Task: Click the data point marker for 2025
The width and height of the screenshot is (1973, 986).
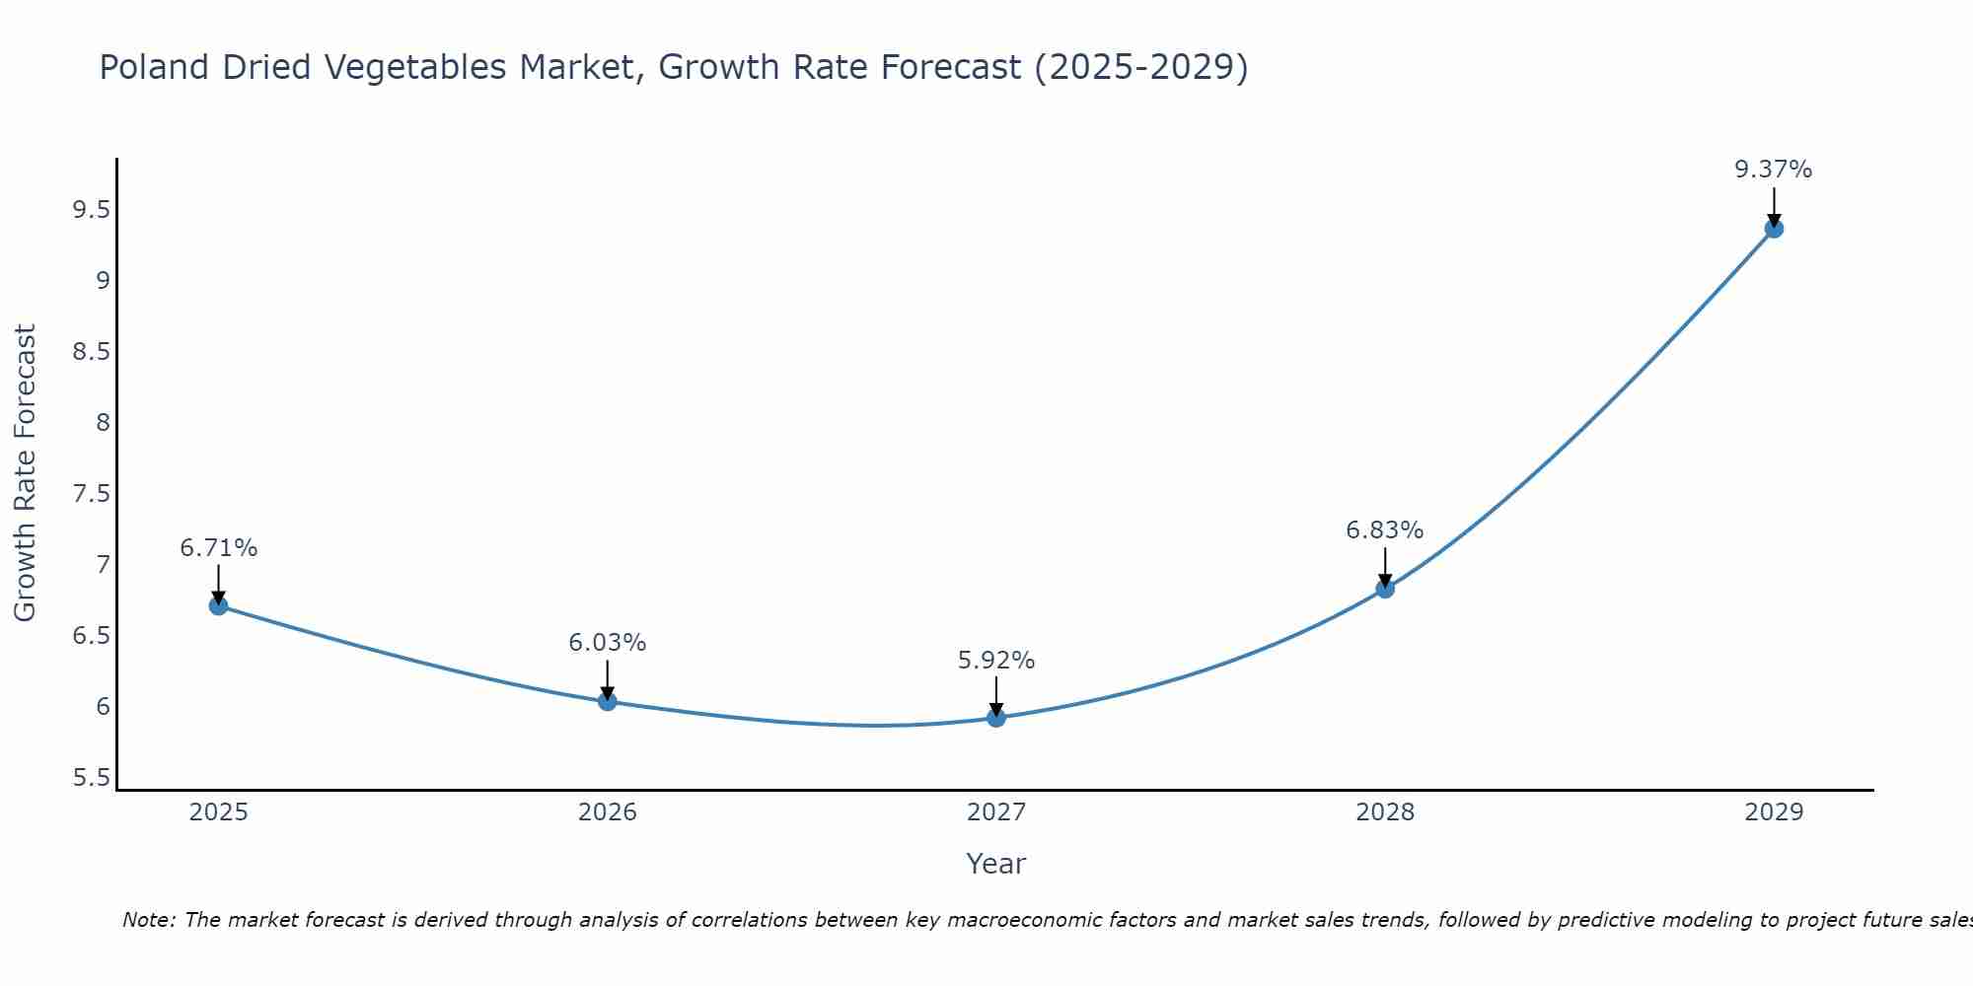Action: [219, 605]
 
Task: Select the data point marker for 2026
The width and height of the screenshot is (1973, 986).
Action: [608, 701]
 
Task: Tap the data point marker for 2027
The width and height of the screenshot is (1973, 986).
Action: [996, 718]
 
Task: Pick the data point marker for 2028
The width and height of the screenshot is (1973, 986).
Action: [1385, 589]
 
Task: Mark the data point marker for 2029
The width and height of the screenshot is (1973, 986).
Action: [1774, 229]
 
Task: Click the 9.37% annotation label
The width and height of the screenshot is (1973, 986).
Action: [1774, 170]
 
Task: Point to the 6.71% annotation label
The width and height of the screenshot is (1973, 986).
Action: [219, 548]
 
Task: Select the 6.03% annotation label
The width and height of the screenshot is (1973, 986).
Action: [608, 643]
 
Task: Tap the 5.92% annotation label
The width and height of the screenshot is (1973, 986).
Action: [996, 661]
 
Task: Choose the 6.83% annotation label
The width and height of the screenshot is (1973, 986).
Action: [1385, 530]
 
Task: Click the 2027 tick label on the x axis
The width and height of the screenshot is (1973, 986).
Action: [996, 812]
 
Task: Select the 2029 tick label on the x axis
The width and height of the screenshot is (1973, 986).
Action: [1774, 812]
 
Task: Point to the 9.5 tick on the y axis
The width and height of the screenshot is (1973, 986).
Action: [91, 210]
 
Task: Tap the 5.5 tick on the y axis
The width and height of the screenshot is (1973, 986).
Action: [91, 778]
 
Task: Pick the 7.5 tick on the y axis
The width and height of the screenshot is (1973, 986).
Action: [91, 494]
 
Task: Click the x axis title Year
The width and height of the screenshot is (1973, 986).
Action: [996, 864]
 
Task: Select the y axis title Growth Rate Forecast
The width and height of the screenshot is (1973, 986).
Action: [26, 473]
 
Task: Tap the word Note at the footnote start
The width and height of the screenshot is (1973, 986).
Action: [148, 920]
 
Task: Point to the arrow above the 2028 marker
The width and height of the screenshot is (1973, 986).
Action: [1385, 567]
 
